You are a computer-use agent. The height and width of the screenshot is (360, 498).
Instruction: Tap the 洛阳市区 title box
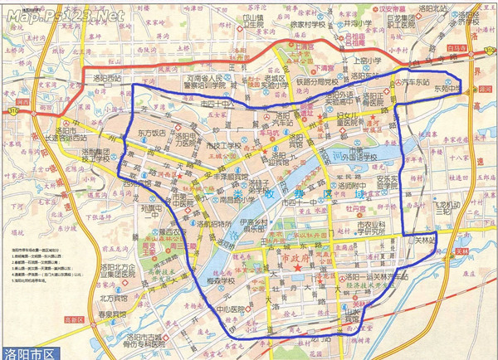[32, 352]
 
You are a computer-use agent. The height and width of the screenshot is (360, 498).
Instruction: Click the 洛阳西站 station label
[107, 79]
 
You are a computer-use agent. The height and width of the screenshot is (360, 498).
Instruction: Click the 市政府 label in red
[300, 260]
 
